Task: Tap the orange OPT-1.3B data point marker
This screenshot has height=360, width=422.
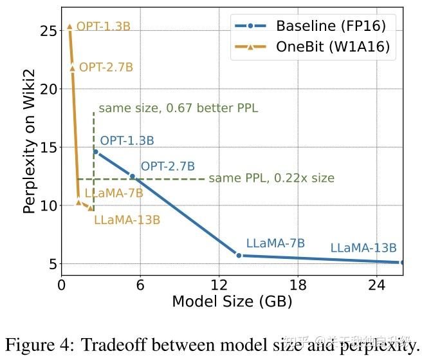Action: coord(69,26)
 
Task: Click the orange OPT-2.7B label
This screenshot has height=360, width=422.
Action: coord(105,67)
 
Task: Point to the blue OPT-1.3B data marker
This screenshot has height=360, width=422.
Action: coord(95,152)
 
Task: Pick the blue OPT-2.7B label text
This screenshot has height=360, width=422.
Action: coord(167,166)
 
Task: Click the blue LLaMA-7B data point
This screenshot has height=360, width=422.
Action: coord(239,255)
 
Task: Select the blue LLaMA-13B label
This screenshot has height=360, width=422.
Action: coord(363,248)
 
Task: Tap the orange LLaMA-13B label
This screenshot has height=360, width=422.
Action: coord(127,220)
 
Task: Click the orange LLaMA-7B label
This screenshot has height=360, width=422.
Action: coord(114,193)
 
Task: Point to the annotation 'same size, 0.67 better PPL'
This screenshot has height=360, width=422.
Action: coord(178,108)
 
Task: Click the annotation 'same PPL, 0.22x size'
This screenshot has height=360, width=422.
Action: coord(271,178)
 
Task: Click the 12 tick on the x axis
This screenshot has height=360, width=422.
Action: coord(219,285)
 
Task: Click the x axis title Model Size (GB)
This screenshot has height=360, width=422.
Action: coord(232,301)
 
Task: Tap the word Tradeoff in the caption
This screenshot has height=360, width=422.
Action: coord(109,344)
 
